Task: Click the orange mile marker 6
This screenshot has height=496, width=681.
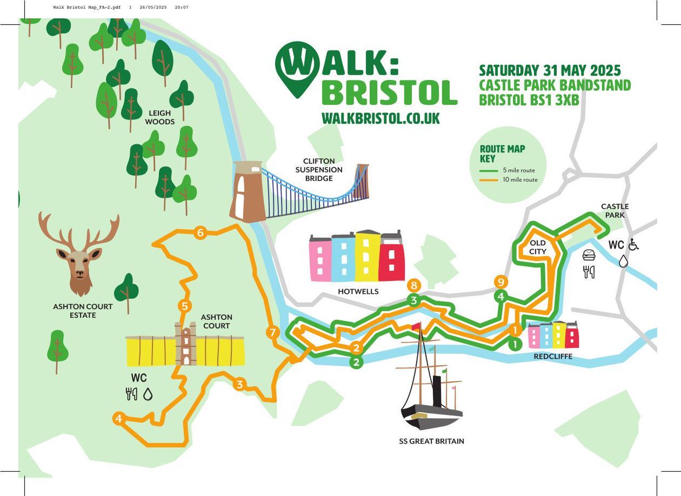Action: pos(200,232)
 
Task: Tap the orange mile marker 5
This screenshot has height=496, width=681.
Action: pos(184,306)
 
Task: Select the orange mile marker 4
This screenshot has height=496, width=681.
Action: pos(119,419)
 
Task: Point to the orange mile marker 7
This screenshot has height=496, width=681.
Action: pos(272,333)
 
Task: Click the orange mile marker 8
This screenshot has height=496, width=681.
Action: pos(414,285)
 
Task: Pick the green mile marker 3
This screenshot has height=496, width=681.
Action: pos(414,300)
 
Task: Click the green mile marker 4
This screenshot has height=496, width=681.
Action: pos(500,296)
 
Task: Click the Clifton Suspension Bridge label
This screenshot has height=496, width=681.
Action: pos(323,170)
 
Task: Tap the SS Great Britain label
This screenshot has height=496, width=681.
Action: pos(431,440)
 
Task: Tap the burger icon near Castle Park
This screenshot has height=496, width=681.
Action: pos(589,255)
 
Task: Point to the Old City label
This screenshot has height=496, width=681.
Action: pos(537,246)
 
